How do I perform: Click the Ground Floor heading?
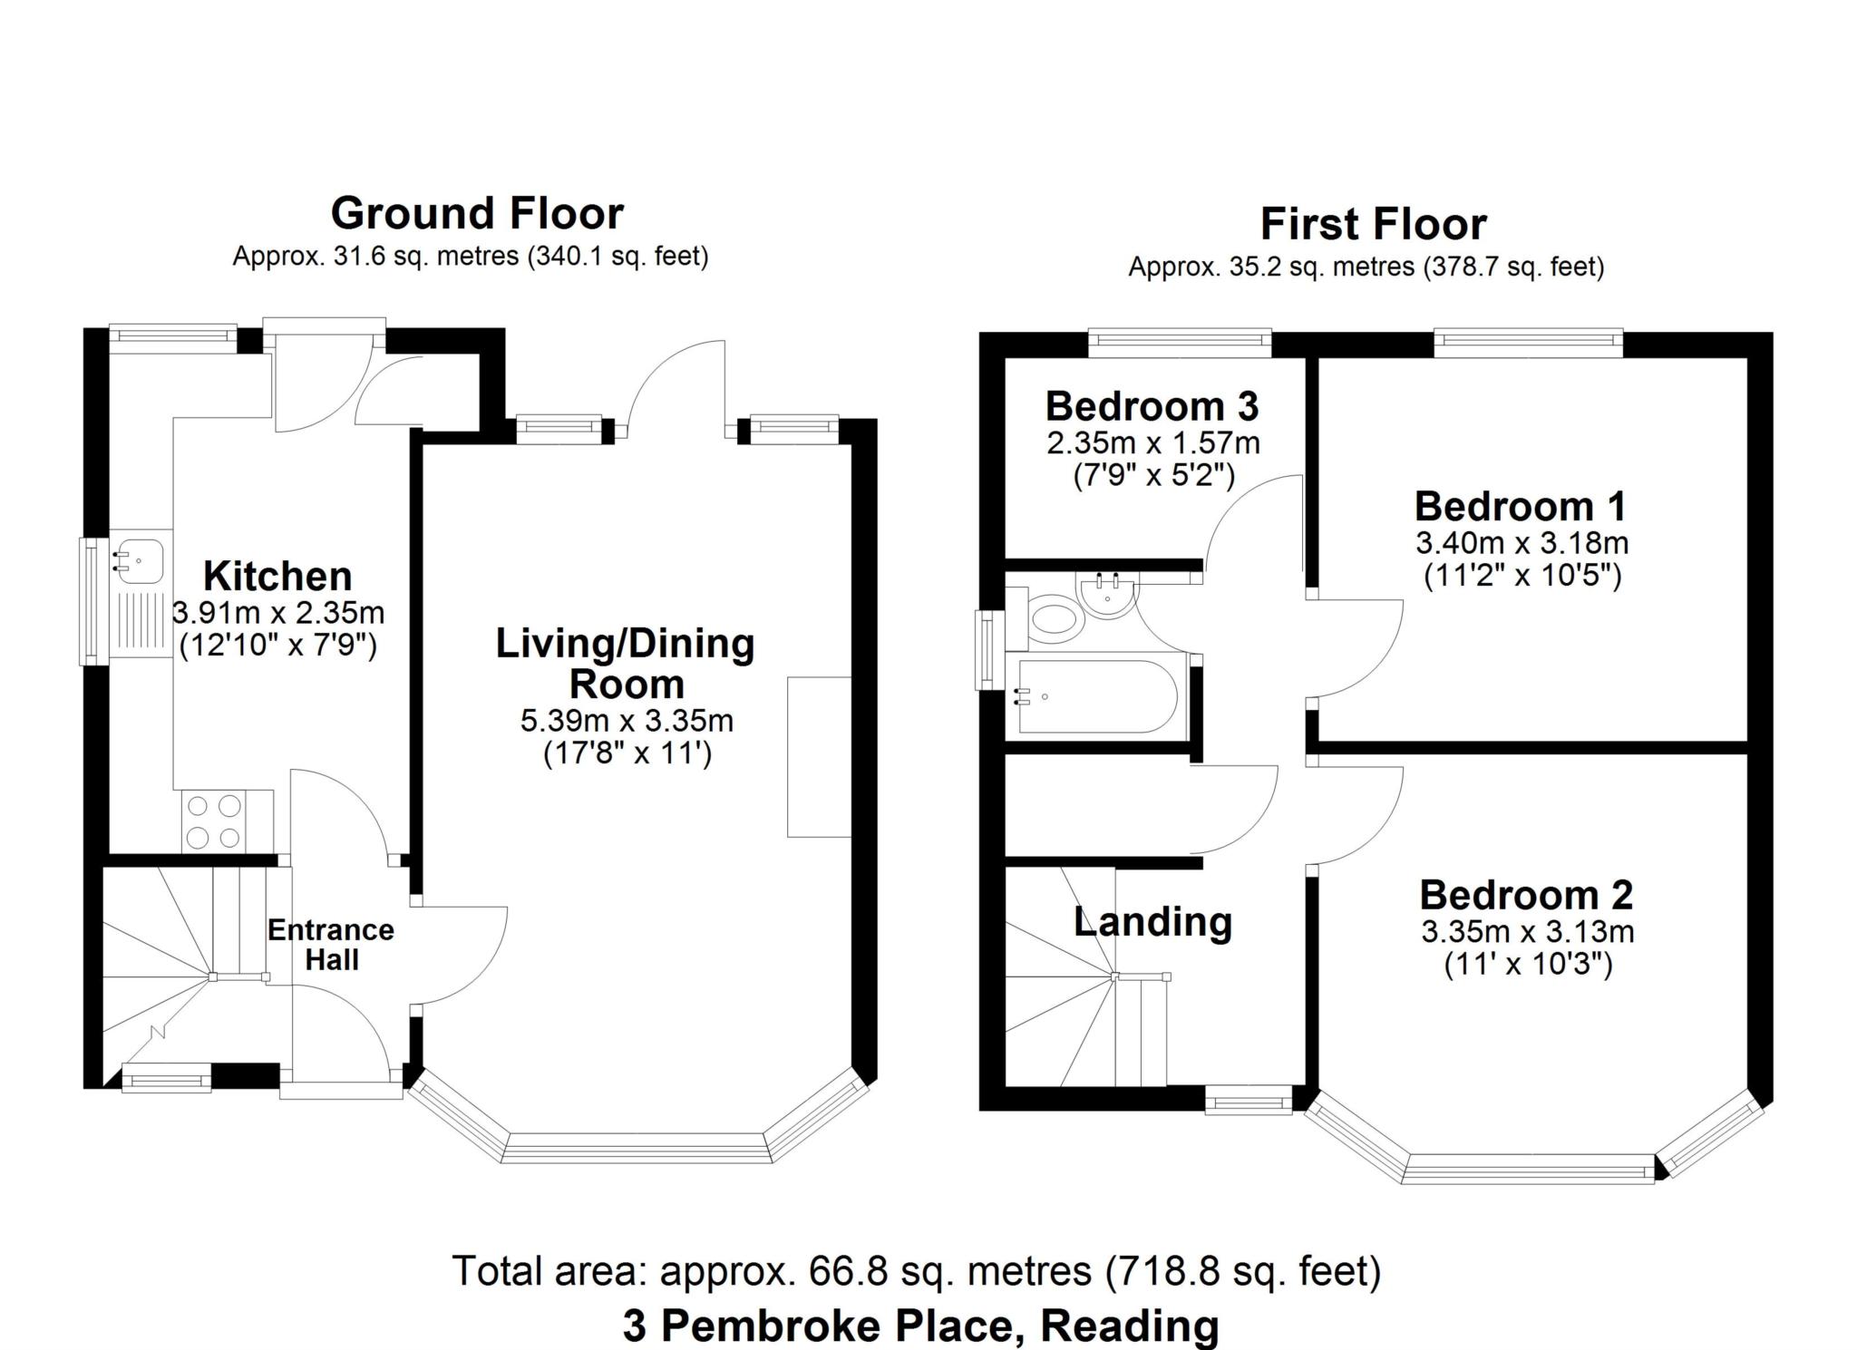(x=477, y=214)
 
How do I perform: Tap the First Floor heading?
(x=1373, y=224)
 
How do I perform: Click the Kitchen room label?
(x=277, y=576)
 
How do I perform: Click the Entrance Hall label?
(x=331, y=945)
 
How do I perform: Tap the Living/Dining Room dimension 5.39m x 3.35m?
(x=627, y=721)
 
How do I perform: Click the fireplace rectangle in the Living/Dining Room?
(x=820, y=756)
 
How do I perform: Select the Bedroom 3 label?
(x=1152, y=406)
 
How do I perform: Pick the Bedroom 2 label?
(x=1526, y=895)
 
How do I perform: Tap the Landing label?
(x=1152, y=922)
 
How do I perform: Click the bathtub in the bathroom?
(x=1098, y=696)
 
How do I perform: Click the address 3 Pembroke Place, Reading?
(x=920, y=1326)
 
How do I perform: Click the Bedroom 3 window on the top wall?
(x=1180, y=340)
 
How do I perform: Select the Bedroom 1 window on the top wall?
(x=1528, y=340)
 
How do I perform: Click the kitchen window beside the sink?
(x=92, y=602)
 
